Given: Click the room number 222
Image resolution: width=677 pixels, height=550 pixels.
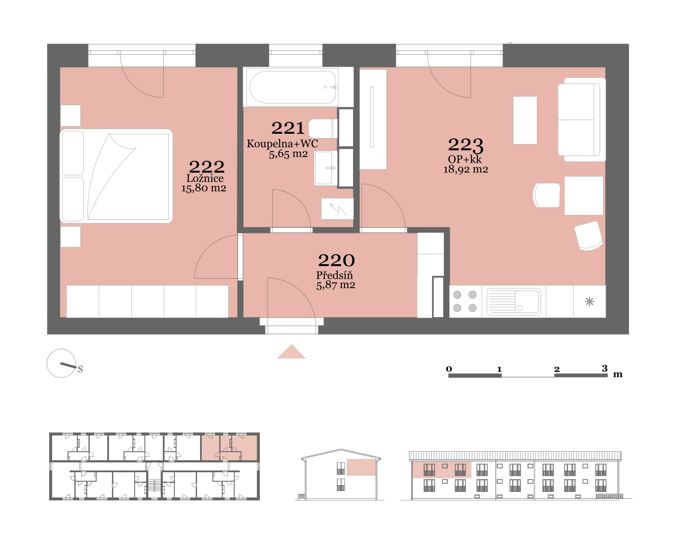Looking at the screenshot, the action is click(x=206, y=167).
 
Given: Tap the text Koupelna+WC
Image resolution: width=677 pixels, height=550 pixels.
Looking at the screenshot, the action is click(x=282, y=144).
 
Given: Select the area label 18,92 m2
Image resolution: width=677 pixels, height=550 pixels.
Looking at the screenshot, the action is click(x=465, y=169).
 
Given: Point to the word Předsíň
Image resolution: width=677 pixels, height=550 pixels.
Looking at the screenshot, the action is click(x=334, y=275).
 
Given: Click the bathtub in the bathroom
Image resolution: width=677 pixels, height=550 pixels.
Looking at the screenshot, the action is click(x=293, y=87).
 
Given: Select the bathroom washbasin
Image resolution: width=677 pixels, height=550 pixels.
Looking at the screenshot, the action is click(x=326, y=168).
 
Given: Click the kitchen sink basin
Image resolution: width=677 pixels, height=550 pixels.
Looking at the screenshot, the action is click(x=514, y=302).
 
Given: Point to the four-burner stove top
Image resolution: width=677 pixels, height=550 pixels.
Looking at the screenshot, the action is click(x=465, y=301).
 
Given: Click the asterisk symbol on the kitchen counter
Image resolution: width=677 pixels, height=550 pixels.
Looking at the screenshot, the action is click(x=589, y=302).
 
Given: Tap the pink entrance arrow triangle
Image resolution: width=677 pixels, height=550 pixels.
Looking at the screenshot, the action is click(x=291, y=351).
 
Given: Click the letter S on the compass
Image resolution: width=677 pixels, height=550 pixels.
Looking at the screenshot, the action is click(x=80, y=369).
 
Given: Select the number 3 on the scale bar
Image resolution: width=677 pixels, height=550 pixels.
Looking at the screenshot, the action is click(x=604, y=368).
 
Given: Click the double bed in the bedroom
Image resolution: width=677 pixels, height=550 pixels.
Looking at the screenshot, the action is click(x=116, y=176).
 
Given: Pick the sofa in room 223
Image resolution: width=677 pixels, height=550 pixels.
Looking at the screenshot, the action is click(x=582, y=120).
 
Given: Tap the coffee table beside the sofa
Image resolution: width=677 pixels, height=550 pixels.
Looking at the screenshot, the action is click(x=525, y=120).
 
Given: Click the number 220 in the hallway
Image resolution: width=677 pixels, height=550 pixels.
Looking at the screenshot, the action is click(x=336, y=261).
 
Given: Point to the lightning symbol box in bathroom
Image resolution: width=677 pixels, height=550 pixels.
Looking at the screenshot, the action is click(x=337, y=209).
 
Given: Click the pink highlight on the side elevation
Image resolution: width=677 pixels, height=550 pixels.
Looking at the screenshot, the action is click(x=361, y=467).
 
